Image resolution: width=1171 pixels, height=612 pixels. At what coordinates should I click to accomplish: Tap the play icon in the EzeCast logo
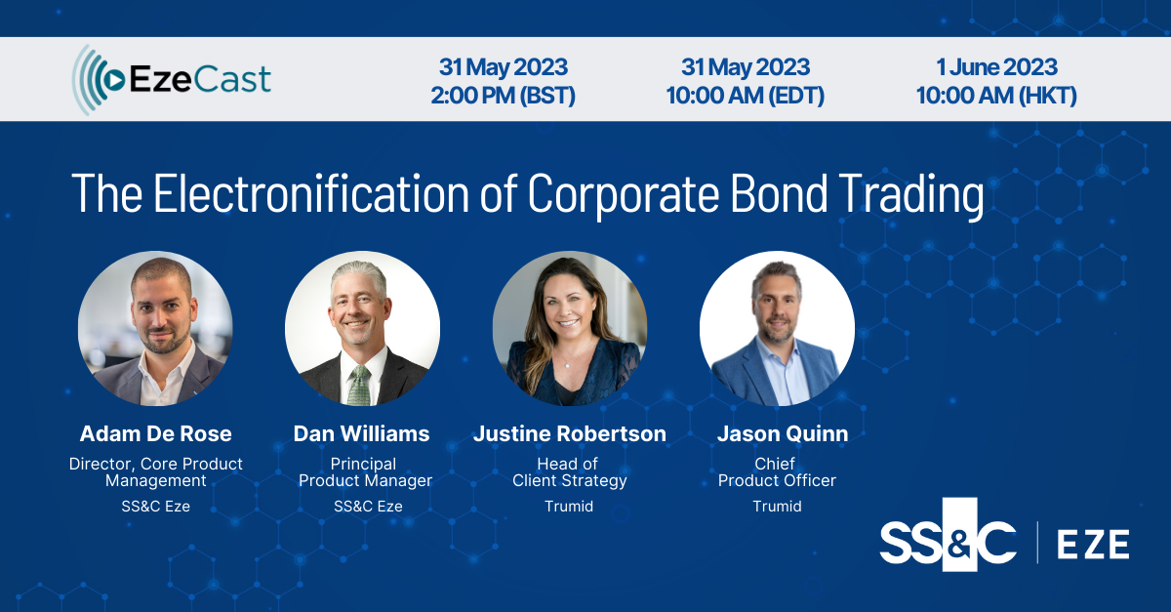click(114, 80)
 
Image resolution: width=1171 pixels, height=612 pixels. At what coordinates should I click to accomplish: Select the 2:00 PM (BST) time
click(503, 96)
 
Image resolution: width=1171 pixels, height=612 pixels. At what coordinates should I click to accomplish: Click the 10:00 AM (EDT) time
click(746, 96)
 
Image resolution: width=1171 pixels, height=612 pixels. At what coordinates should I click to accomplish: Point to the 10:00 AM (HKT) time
click(995, 96)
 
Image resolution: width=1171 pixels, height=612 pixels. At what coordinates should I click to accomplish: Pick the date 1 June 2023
click(995, 66)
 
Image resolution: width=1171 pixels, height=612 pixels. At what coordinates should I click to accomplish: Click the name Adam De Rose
click(156, 433)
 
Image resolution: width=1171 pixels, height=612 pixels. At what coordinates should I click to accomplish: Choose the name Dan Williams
click(361, 433)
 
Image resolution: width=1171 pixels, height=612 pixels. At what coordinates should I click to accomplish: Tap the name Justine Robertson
click(570, 433)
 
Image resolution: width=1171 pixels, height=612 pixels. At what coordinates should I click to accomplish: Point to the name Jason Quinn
click(777, 433)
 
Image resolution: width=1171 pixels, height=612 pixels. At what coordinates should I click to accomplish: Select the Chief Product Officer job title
click(777, 471)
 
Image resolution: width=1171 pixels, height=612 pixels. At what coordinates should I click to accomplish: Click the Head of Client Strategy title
click(570, 471)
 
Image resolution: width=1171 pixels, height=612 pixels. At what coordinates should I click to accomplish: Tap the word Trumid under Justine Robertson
click(570, 506)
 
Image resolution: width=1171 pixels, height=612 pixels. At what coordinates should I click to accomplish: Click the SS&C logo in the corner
click(948, 542)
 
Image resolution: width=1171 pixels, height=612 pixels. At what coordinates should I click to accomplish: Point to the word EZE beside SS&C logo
click(1094, 543)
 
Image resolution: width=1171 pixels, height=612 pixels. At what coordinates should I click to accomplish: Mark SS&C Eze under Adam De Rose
click(156, 506)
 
